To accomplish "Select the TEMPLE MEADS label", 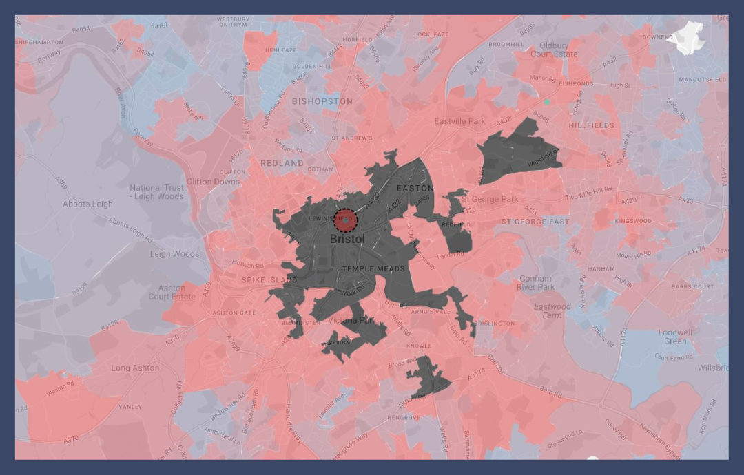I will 373,269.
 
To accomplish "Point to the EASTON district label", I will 415,188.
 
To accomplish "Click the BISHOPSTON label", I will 322,101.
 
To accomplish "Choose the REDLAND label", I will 282,163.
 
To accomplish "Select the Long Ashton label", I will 135,368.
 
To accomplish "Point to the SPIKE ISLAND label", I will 269,280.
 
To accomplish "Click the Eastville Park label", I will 459,121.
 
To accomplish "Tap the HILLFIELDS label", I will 591,125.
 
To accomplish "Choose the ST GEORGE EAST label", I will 535,222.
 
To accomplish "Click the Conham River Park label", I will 535,283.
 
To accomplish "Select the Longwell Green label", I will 675,337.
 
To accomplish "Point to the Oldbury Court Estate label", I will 554,50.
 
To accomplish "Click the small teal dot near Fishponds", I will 547,102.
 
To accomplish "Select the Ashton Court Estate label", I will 171,293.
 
